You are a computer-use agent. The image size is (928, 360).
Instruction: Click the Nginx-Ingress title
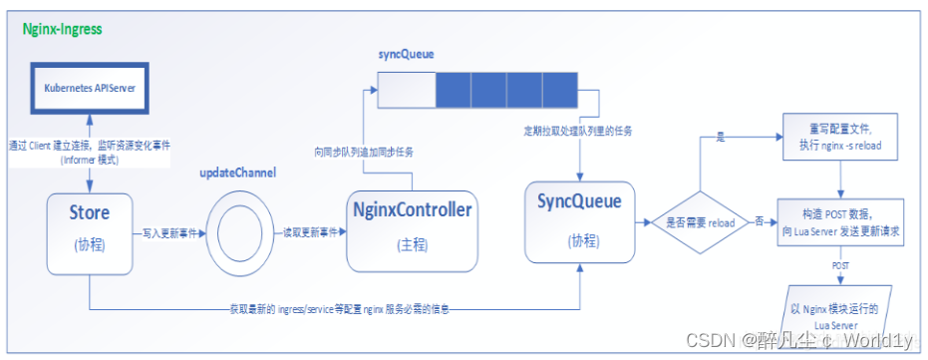tap(62, 29)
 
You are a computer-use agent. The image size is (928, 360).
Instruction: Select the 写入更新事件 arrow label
tap(165, 231)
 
